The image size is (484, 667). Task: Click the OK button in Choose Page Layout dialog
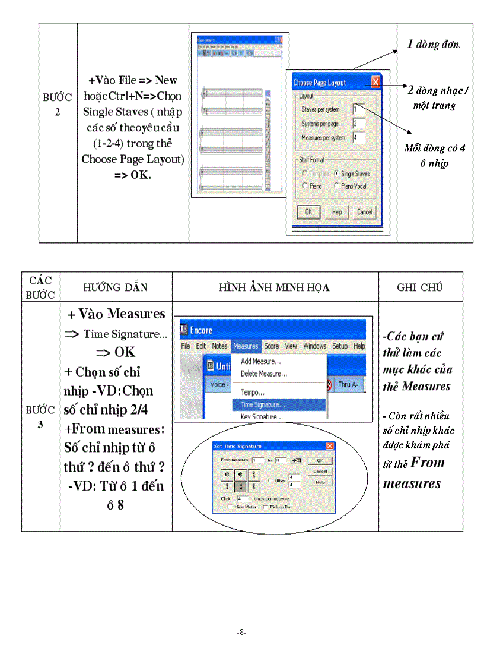(x=308, y=211)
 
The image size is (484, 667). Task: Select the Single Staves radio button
(x=336, y=173)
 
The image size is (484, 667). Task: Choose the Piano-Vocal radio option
(x=336, y=186)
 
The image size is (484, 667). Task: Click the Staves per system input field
(x=358, y=109)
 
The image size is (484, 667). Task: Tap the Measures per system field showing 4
(x=358, y=137)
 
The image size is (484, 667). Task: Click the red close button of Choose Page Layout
(x=375, y=83)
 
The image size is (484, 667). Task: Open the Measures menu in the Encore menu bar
(x=246, y=346)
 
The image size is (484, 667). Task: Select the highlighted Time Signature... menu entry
(x=262, y=405)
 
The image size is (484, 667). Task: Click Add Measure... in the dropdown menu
(x=260, y=361)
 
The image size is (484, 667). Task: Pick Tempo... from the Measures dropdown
(x=253, y=393)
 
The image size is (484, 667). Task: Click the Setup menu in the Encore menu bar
(x=340, y=346)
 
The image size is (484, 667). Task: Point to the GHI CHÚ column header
(x=420, y=287)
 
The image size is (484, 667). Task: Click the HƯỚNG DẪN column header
(x=116, y=287)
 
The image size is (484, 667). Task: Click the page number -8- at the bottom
(x=241, y=633)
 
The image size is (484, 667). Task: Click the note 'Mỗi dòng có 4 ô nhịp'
(x=434, y=156)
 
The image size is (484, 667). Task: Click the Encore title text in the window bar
(x=201, y=330)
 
